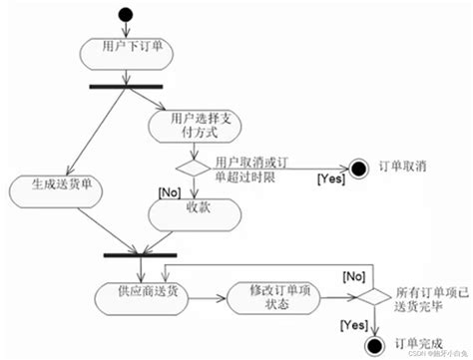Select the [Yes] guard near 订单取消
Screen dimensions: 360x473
[329, 180]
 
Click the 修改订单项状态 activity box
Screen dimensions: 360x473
[270, 296]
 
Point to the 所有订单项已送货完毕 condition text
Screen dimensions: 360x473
[423, 295]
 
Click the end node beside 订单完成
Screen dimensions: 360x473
[374, 345]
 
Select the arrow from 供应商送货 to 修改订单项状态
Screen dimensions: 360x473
[207, 296]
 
